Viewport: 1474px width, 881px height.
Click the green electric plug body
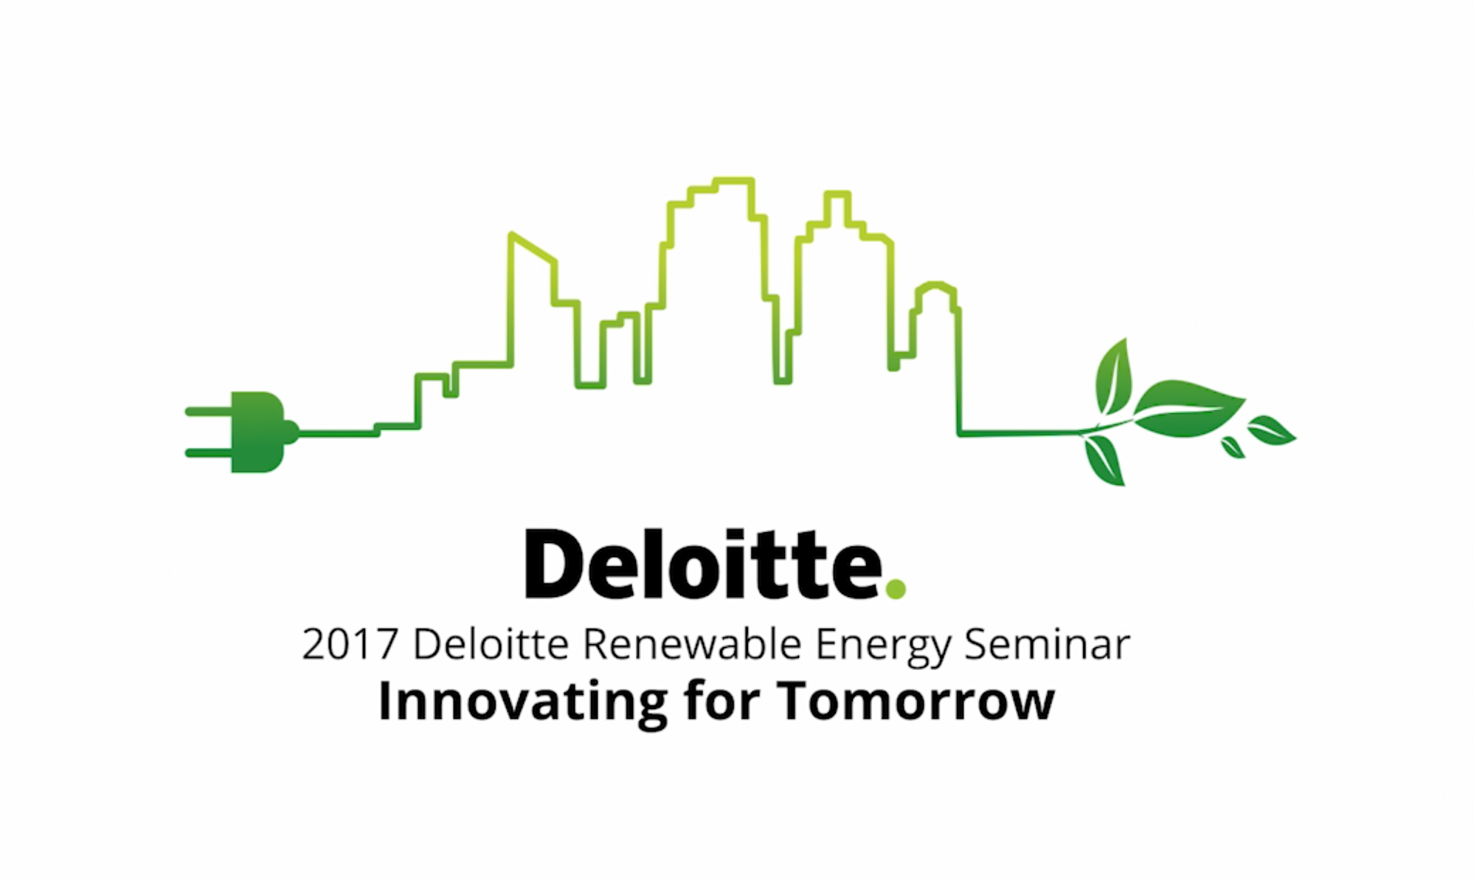(256, 432)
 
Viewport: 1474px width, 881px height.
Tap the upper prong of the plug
(207, 411)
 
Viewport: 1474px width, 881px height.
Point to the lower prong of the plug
(207, 452)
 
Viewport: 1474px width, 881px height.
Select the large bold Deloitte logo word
(705, 564)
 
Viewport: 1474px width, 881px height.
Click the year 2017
(350, 644)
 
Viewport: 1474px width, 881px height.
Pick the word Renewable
(692, 644)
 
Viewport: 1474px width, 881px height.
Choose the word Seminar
(1047, 644)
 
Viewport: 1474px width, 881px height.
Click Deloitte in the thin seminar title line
(491, 644)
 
